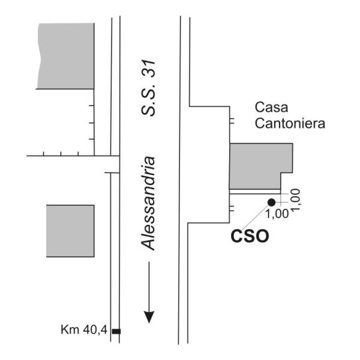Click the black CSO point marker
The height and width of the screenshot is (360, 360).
(272, 202)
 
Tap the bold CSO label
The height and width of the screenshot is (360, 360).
(250, 236)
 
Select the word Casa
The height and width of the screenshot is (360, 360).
(271, 107)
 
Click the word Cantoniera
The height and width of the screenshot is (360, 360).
(290, 123)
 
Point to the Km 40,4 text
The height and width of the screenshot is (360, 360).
(84, 330)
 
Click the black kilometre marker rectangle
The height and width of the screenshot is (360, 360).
(116, 331)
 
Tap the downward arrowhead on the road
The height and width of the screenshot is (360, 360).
(149, 317)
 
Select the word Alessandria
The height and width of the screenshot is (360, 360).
(148, 203)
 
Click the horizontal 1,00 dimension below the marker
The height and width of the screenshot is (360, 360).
(277, 214)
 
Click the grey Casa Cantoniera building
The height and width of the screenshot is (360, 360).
(261, 166)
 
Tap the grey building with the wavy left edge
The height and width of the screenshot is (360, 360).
(65, 56)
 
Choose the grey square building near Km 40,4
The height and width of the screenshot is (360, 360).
(70, 231)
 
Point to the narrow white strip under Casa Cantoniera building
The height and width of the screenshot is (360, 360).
(255, 192)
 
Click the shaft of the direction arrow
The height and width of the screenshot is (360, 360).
(149, 287)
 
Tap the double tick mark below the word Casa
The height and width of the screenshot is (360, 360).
(232, 121)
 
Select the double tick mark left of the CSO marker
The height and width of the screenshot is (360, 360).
(232, 208)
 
